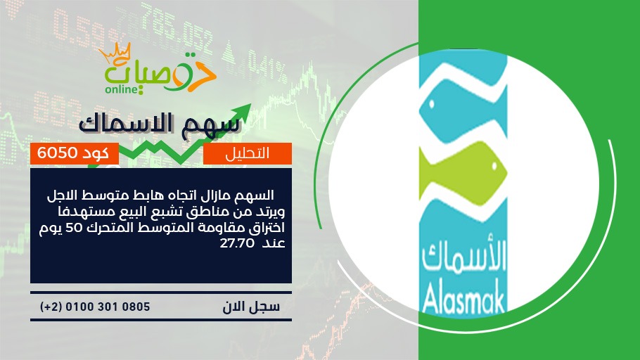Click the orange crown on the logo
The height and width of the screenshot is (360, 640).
point(115,52)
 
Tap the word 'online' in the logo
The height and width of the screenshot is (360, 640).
point(122,89)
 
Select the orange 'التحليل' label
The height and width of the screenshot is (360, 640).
point(248,153)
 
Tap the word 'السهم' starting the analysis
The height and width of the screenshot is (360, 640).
point(257,195)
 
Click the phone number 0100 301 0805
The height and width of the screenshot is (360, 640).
point(108,307)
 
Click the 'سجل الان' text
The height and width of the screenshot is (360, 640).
point(251,307)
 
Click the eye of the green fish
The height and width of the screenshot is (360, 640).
point(494,166)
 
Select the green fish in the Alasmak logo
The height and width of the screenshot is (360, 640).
point(463,174)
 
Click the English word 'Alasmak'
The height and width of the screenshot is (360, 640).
point(464,300)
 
